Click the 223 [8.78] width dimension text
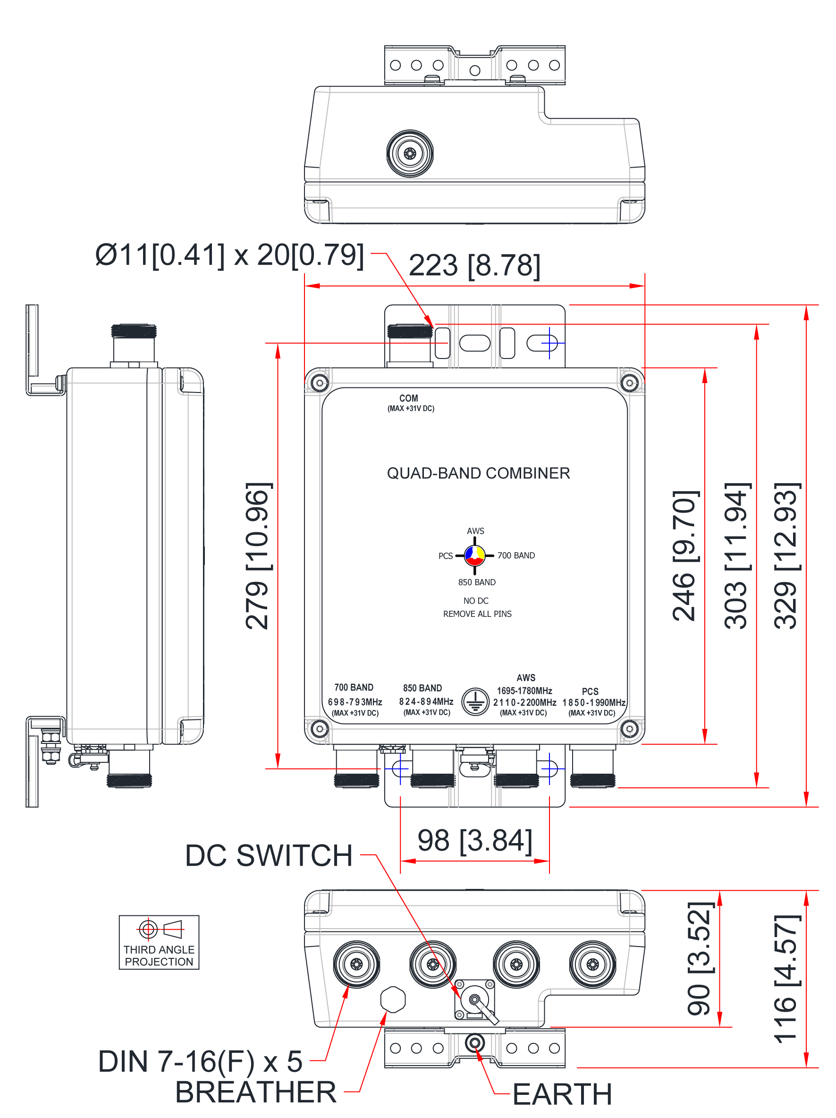point(474,265)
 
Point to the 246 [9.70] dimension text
point(685,555)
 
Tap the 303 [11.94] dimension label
point(737,555)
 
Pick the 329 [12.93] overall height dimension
point(786,555)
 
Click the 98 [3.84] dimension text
point(474,841)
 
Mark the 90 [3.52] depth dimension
point(700,958)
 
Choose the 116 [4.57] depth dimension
point(786,979)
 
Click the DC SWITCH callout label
point(269,856)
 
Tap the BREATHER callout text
point(255,1092)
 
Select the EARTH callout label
point(562,1094)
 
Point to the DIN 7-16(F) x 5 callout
point(201,1061)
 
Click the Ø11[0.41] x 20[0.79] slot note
point(229,255)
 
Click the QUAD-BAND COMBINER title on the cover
point(478,473)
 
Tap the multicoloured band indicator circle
point(474,555)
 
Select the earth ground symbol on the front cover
point(475,701)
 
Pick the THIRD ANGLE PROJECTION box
point(159,942)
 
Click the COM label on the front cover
point(409,398)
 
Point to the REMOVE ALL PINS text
point(477,614)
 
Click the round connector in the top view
point(410,153)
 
